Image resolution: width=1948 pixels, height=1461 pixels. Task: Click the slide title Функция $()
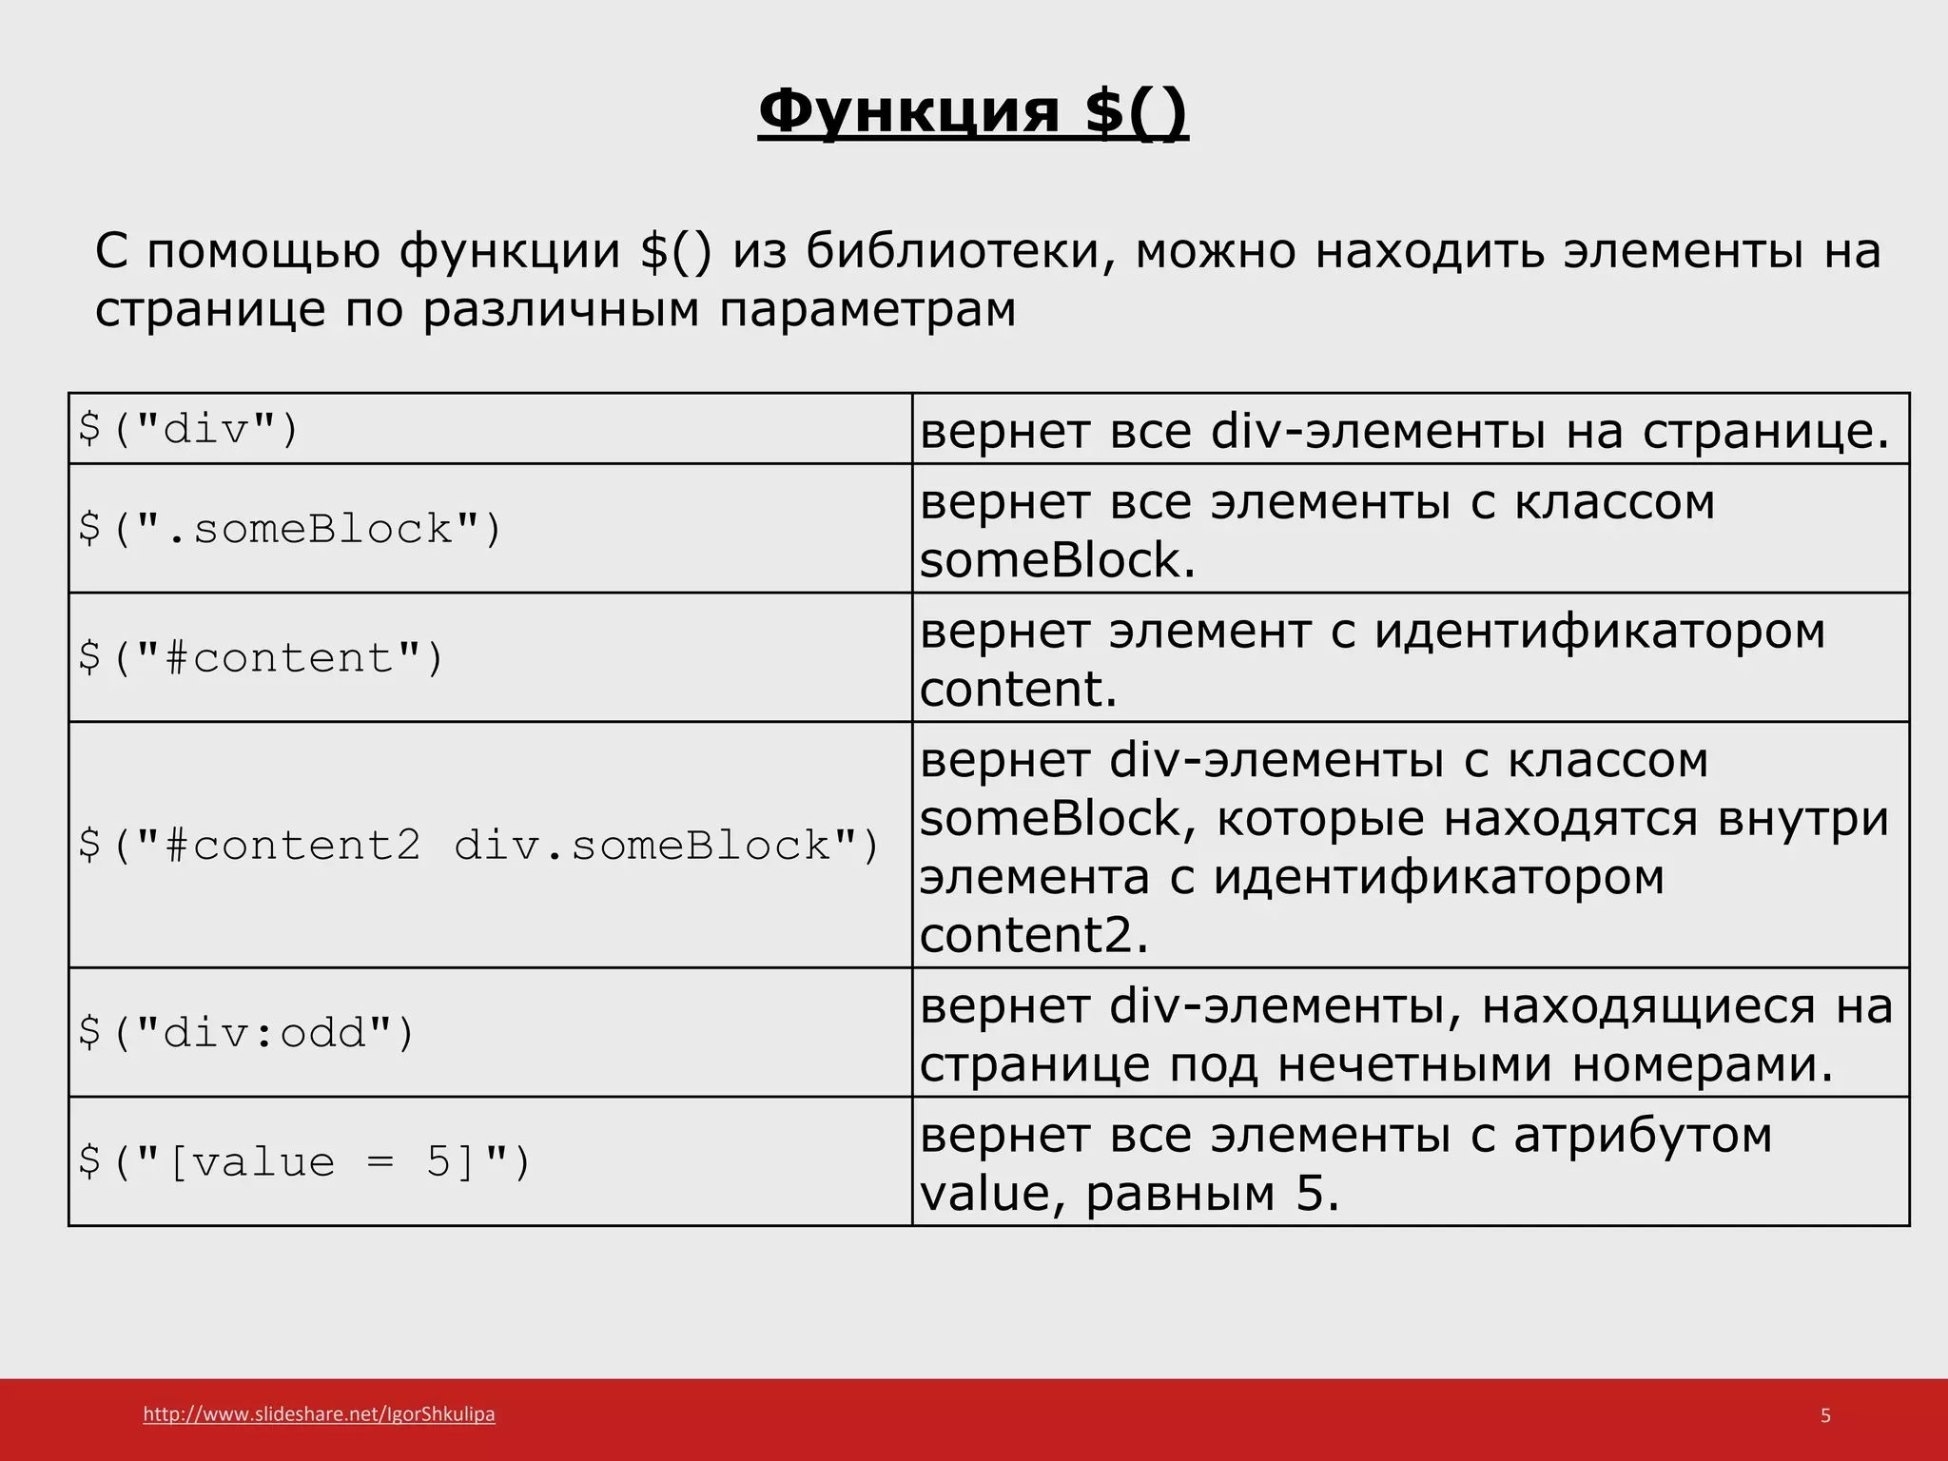(973, 112)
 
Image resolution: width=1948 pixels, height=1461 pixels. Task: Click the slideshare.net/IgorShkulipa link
(319, 1414)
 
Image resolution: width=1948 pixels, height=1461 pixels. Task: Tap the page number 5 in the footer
(1825, 1415)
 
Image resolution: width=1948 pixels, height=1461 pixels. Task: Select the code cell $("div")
(188, 429)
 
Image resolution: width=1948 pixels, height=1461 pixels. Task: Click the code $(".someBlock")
(289, 529)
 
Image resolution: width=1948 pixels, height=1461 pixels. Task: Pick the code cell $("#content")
(261, 657)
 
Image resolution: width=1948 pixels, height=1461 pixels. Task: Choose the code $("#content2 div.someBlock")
(478, 845)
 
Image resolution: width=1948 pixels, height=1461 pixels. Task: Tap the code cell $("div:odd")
(246, 1032)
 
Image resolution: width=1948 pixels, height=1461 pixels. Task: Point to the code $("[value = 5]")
(303, 1161)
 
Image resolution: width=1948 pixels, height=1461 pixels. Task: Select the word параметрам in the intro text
(867, 309)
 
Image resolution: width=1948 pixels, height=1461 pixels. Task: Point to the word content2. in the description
(1034, 935)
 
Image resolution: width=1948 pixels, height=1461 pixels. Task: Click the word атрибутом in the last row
(1643, 1135)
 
